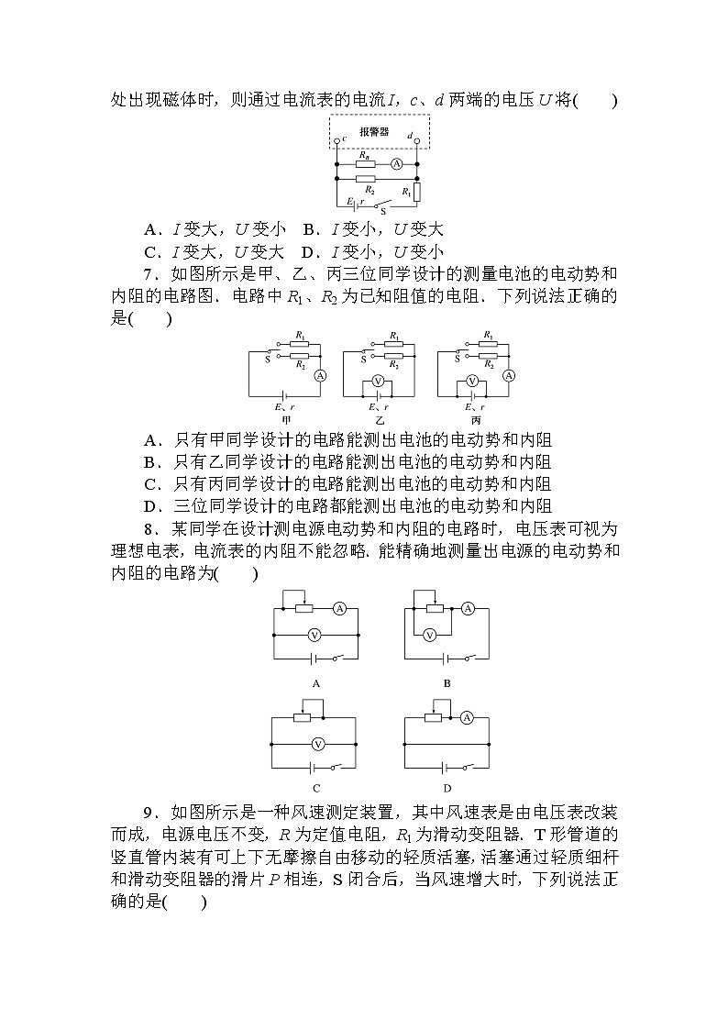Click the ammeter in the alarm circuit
coord(396,163)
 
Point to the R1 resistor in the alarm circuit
coord(417,192)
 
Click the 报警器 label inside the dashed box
coord(374,132)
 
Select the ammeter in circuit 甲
coord(320,374)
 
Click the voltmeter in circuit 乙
coord(378,381)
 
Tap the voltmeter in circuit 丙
coord(472,381)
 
